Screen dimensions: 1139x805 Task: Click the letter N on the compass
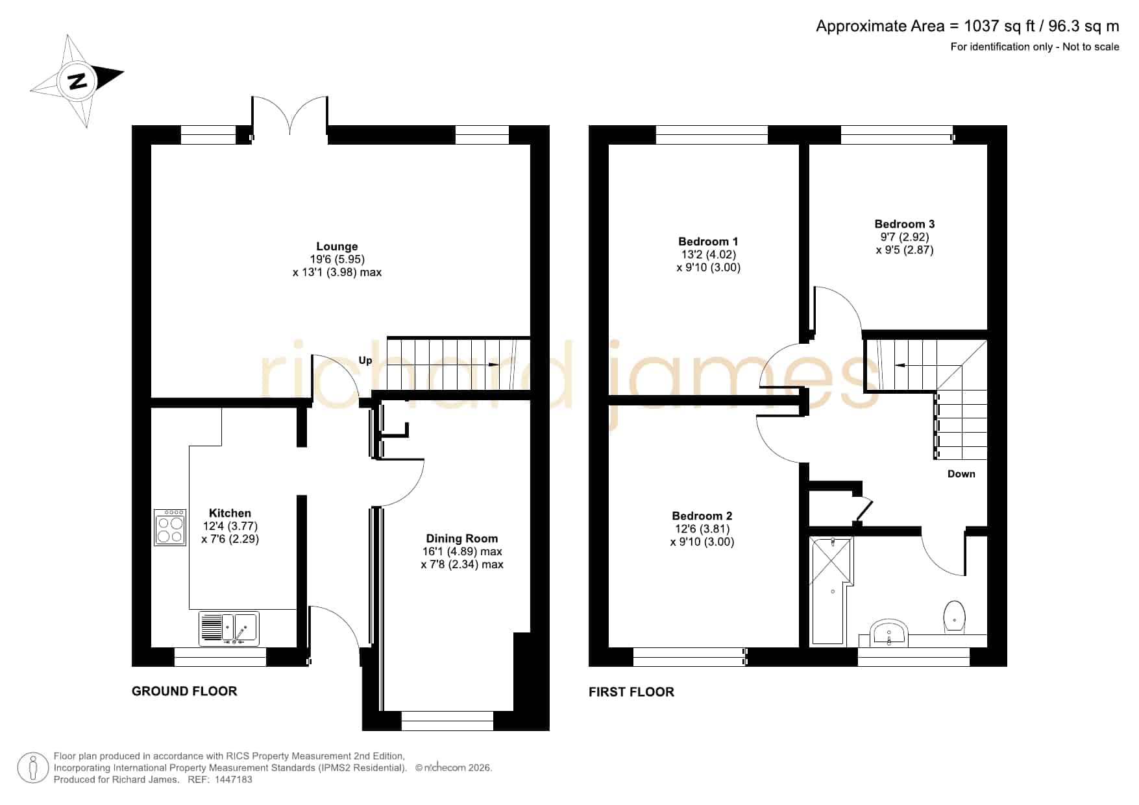pyautogui.click(x=78, y=81)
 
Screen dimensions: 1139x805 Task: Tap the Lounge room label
pyautogui.click(x=337, y=246)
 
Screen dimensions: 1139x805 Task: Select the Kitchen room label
pyautogui.click(x=230, y=513)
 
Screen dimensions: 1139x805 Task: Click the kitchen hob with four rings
pyautogui.click(x=170, y=527)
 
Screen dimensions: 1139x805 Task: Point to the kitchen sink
pyautogui.click(x=229, y=629)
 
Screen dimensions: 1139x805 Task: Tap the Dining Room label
pyautogui.click(x=461, y=538)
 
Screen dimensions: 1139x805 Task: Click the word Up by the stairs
pyautogui.click(x=365, y=361)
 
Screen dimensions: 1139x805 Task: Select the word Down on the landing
pyautogui.click(x=961, y=474)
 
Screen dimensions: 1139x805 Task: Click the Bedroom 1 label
pyautogui.click(x=708, y=242)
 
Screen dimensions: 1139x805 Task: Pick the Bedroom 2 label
pyautogui.click(x=702, y=516)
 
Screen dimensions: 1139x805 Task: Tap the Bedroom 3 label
pyautogui.click(x=905, y=224)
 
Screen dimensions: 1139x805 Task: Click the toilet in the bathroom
pyautogui.click(x=954, y=616)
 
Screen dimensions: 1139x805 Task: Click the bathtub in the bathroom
pyautogui.click(x=830, y=590)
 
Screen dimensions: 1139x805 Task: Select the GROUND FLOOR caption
pyautogui.click(x=184, y=691)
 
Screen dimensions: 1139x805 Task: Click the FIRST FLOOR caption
pyautogui.click(x=631, y=692)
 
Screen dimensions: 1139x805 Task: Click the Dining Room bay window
pyautogui.click(x=448, y=720)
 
